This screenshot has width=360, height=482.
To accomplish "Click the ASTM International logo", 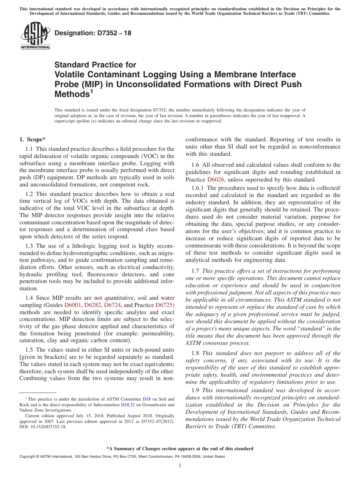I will (35, 36).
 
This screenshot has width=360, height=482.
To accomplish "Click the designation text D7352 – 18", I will (93, 33).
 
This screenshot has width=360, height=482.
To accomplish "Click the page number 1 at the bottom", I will (180, 465).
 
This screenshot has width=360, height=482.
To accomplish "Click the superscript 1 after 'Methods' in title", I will (91, 91).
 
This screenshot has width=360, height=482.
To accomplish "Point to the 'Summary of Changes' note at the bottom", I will (180, 449).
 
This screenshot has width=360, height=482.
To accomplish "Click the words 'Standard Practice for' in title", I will (95, 65).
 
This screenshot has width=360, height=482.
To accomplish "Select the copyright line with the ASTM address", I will (122, 457).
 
